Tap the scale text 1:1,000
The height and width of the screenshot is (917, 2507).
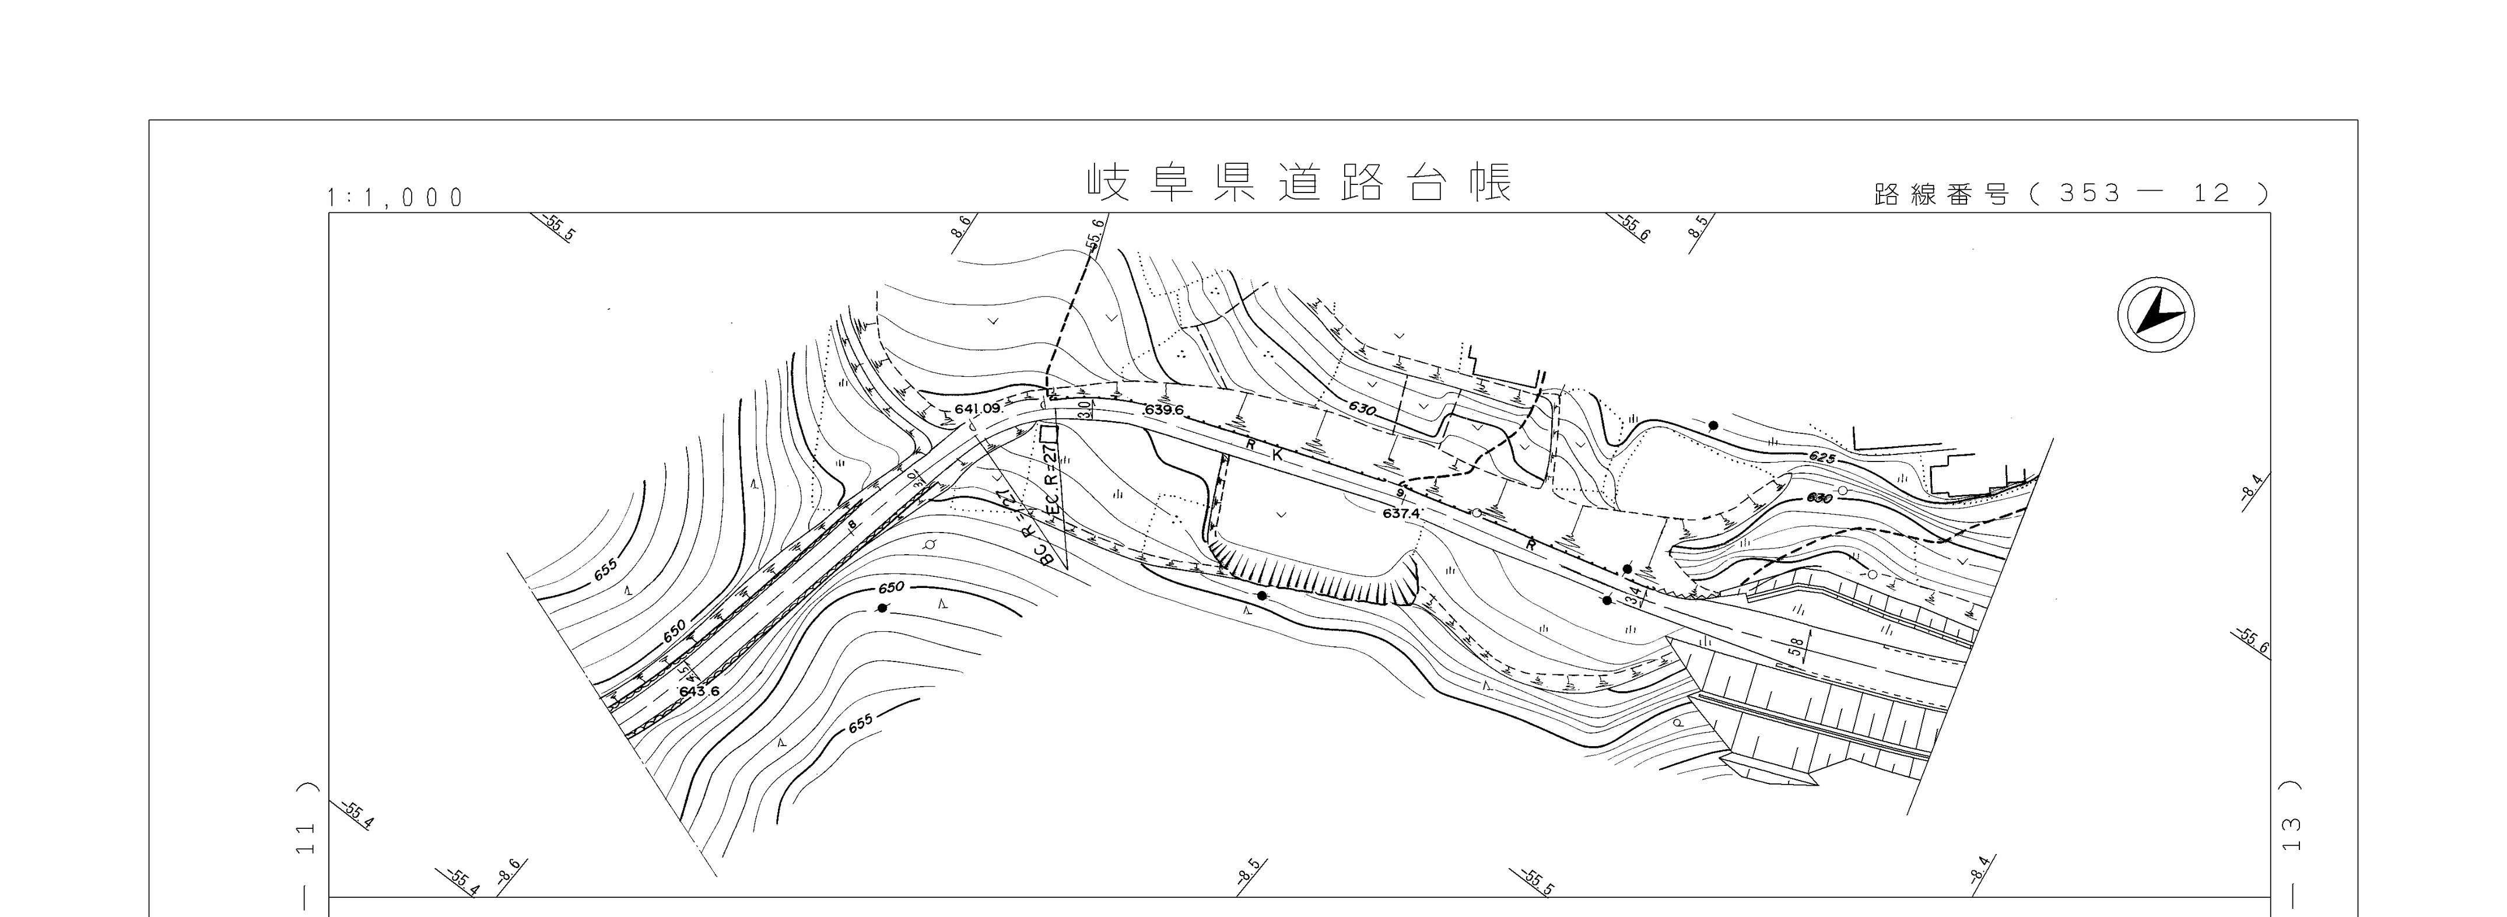(396, 198)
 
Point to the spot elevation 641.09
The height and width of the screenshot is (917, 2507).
(977, 409)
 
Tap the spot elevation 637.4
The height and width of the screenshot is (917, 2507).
(1401, 512)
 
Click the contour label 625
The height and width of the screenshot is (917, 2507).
(1822, 457)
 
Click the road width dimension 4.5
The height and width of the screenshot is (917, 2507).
(690, 671)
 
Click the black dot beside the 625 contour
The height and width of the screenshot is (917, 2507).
(1713, 425)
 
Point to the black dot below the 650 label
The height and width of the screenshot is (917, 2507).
(882, 607)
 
